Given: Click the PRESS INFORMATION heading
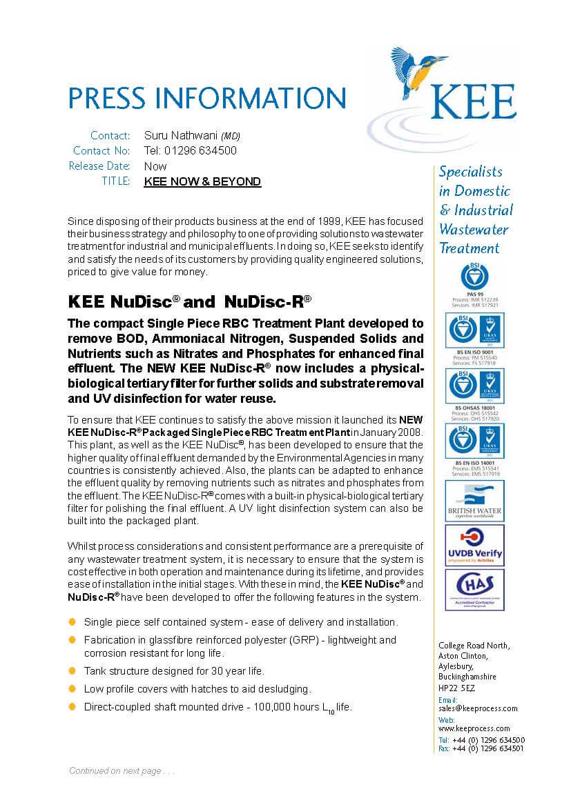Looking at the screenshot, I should (x=206, y=98).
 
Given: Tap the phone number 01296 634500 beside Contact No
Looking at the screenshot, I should (x=191, y=151).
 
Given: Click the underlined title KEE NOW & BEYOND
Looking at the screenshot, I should (x=202, y=182).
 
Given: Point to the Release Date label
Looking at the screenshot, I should (x=99, y=166).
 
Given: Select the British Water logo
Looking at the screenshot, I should (x=474, y=501).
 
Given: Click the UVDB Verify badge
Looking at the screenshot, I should (x=474, y=545).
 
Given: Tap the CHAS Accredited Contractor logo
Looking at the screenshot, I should (x=474, y=589).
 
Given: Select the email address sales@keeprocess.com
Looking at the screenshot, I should (x=477, y=708).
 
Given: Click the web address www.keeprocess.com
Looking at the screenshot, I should (x=474, y=728).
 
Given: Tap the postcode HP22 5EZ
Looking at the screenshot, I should (x=456, y=688).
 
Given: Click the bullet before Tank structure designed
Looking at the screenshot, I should (x=72, y=671).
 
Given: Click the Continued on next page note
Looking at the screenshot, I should (x=122, y=771).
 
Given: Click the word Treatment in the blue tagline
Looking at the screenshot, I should (x=470, y=248).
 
